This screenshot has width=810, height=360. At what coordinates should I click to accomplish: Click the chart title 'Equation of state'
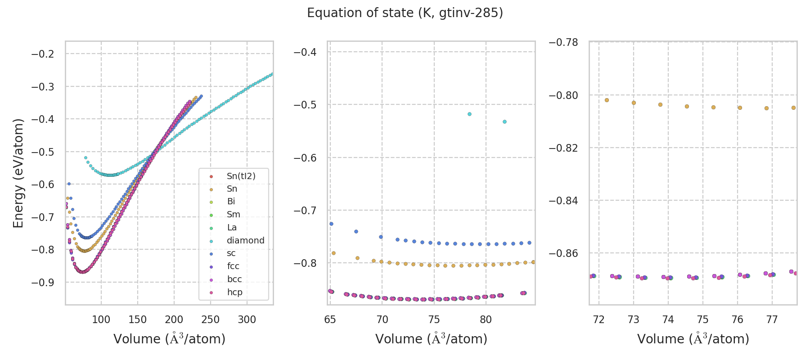coord(405,13)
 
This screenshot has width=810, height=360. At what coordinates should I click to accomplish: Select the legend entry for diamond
coord(245,240)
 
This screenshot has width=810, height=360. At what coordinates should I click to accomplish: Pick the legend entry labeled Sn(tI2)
coord(241,176)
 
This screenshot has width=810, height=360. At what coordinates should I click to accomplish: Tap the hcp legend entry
coord(234,292)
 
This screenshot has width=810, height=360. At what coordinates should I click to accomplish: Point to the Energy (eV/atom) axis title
coord(18,173)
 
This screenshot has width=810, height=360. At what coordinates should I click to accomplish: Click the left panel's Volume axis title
coord(169,339)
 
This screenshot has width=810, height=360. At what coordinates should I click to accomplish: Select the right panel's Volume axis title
coord(693,339)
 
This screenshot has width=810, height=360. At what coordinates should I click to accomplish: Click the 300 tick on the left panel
coord(247,320)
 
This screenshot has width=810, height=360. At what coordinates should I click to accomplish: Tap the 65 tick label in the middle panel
coord(330,320)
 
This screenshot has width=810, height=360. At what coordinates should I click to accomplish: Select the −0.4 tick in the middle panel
coord(305,52)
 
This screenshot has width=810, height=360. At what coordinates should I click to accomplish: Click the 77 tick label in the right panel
coord(772,320)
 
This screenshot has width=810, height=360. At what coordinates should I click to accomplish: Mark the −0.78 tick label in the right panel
coord(563,42)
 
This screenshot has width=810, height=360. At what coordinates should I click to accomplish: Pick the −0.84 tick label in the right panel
coord(563,200)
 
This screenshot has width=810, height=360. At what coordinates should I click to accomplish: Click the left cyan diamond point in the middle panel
coord(469,114)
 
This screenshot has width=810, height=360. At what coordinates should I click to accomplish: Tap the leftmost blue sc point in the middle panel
coord(331,224)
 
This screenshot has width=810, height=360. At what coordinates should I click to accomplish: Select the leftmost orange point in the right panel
coord(607,100)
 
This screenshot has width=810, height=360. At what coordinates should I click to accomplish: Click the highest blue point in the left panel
coord(201,96)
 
